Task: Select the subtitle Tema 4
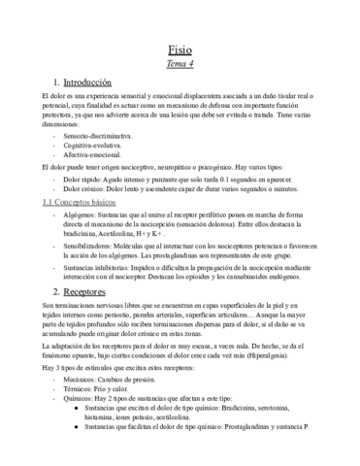pyautogui.click(x=180, y=64)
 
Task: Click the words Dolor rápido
pyautogui.click(x=82, y=181)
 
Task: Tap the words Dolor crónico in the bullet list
pyautogui.click(x=84, y=190)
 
